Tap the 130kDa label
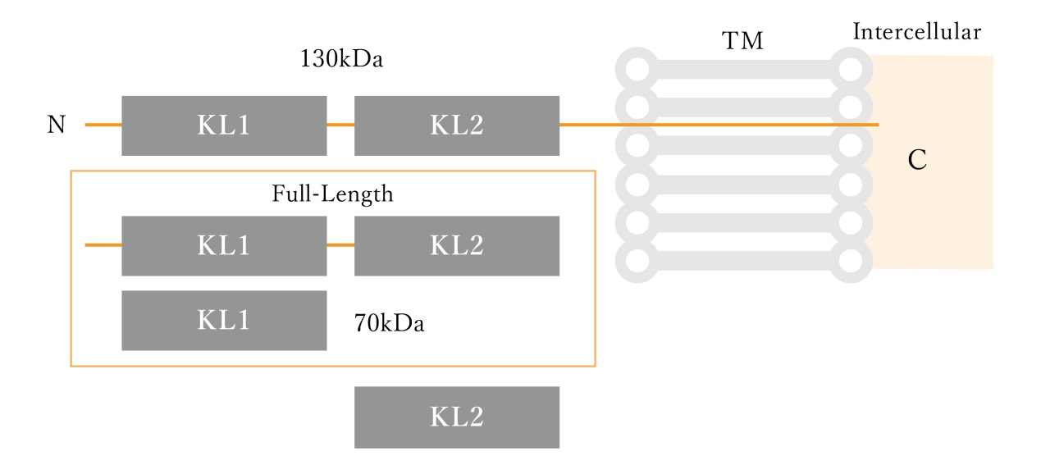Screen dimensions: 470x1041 point(341,60)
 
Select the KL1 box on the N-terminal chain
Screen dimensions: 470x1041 point(224,125)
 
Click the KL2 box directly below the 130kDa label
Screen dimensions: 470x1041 point(456,125)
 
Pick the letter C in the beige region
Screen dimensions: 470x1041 point(917,161)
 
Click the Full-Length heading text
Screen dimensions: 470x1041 point(332,194)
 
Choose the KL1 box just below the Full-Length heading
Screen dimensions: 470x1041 point(224,245)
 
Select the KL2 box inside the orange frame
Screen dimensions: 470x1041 point(456,245)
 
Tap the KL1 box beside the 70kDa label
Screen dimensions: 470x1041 point(224,320)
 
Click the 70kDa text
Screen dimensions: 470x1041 point(389,322)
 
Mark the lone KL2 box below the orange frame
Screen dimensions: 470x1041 point(456,417)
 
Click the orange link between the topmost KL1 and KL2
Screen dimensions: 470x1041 point(340,125)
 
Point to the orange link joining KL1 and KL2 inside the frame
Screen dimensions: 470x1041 point(340,244)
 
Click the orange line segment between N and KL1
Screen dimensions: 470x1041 point(103,125)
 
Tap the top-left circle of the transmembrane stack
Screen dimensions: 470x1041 point(636,67)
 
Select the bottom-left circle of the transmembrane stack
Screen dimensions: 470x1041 point(636,261)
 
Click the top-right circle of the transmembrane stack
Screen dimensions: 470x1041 point(852,67)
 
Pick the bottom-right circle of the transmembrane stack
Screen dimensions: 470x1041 point(852,261)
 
